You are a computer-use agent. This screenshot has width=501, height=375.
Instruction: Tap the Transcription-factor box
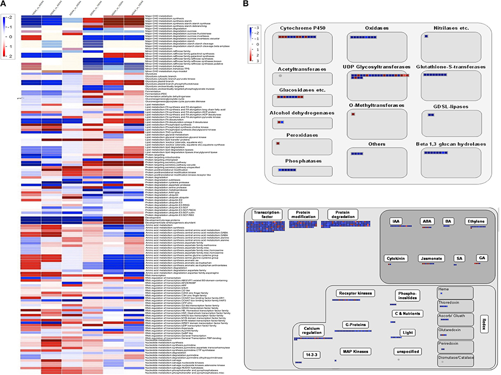point(268,215)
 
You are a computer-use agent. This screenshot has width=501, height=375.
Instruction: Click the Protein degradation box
point(342,215)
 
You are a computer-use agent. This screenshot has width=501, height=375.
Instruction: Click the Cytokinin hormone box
point(396,258)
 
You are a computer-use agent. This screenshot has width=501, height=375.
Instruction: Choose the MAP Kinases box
point(355,352)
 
